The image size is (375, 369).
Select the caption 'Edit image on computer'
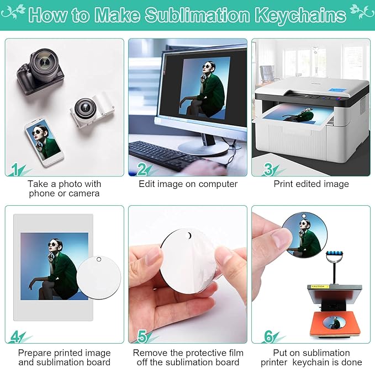tap(187, 184)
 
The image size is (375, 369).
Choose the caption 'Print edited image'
tap(311, 184)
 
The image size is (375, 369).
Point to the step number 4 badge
tap(16, 335)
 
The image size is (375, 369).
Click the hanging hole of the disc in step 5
tap(191, 237)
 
